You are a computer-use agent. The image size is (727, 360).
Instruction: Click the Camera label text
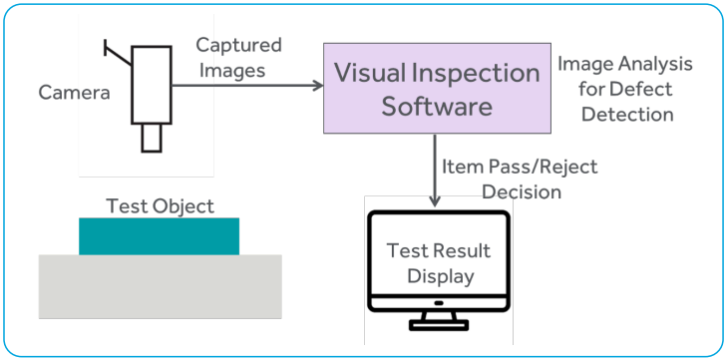tap(73, 93)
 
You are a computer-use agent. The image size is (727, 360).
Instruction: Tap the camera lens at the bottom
tap(151, 137)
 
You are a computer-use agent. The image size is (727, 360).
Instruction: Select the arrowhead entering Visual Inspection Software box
tap(318, 86)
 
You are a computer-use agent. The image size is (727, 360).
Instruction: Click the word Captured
tap(238, 45)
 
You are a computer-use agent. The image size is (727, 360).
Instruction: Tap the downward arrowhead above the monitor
tap(436, 200)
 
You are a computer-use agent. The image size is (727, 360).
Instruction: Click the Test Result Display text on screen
tap(438, 262)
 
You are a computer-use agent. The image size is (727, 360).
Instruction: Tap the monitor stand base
tap(438, 325)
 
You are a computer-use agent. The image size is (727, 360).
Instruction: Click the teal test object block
tap(159, 236)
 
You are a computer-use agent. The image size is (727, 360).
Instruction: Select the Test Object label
tap(160, 206)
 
